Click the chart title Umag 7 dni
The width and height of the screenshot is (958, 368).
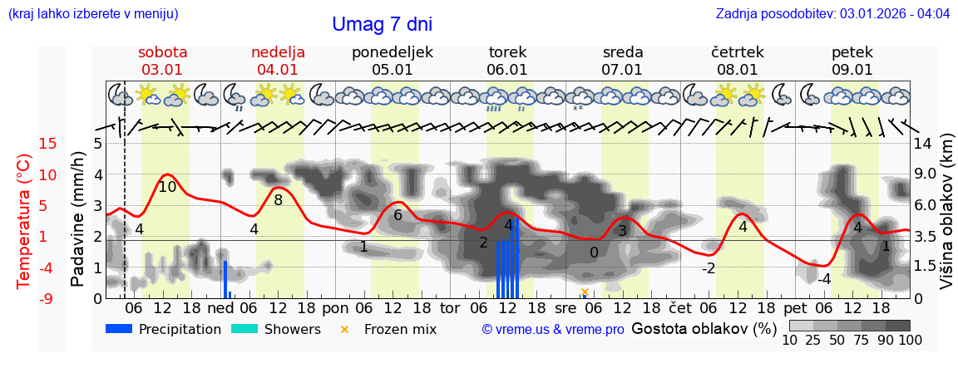(x=382, y=24)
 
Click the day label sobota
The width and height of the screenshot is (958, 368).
(x=162, y=52)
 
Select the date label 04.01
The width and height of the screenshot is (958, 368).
(x=278, y=70)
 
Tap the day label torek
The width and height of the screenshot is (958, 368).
(x=507, y=52)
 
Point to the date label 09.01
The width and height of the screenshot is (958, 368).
(x=852, y=70)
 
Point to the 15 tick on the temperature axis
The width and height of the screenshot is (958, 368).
(x=25, y=144)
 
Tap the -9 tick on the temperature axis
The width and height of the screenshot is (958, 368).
(x=25, y=298)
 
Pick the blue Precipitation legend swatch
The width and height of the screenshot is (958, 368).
(x=120, y=329)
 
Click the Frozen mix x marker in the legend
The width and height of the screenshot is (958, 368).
(x=344, y=330)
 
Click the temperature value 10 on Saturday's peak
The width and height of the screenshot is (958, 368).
(x=167, y=187)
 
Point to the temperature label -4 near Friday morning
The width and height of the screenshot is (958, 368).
(x=823, y=279)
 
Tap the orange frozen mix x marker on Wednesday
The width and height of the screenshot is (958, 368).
(x=585, y=292)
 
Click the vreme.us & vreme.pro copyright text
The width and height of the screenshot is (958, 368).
(x=553, y=330)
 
